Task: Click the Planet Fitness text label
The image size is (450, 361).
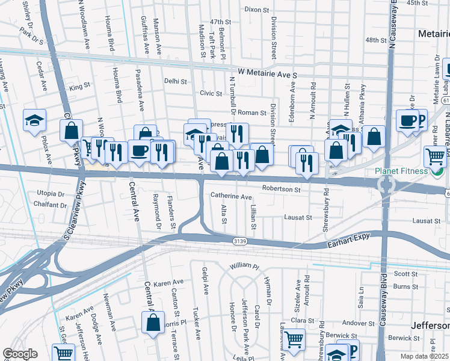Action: click(401, 171)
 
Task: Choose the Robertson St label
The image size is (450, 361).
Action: click(281, 190)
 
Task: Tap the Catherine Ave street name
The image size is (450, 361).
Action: click(231, 197)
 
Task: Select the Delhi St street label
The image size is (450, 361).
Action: click(175, 81)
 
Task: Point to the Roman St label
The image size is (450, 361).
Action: click(251, 113)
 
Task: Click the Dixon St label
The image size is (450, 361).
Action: click(257, 10)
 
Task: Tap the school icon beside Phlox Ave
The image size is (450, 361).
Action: click(34, 120)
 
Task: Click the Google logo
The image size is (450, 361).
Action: click(20, 354)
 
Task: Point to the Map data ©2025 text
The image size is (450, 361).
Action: click(425, 356)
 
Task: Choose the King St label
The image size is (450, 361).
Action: click(79, 88)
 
